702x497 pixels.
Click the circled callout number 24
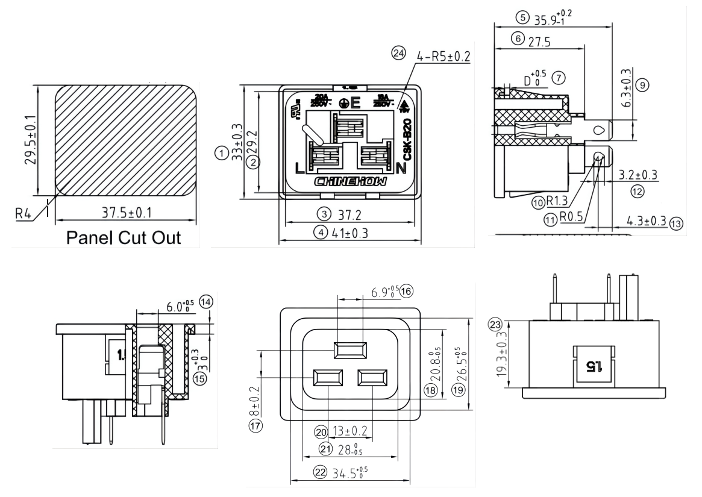[x=396, y=53]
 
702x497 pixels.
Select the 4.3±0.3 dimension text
[x=644, y=222]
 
